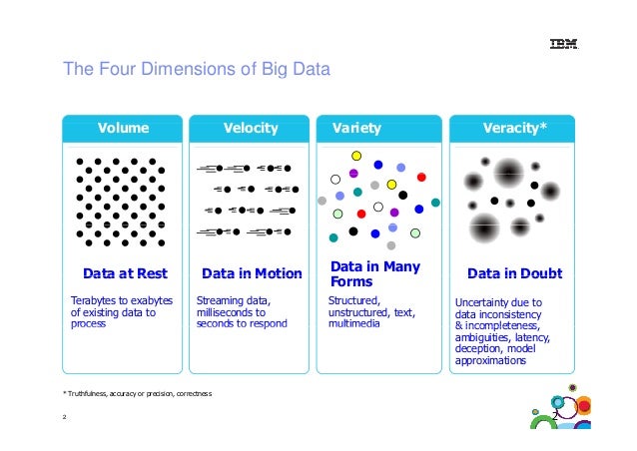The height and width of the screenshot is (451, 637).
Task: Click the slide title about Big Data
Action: tap(196, 72)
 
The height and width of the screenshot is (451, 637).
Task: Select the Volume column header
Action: tap(123, 128)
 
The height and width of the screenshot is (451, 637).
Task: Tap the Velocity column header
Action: tap(251, 128)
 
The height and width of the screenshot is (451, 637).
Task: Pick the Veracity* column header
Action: tap(514, 128)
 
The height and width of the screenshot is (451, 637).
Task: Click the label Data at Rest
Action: tap(125, 273)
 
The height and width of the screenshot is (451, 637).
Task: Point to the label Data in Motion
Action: tap(251, 273)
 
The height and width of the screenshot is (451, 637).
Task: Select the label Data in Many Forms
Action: tap(374, 274)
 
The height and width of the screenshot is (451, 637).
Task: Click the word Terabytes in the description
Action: tap(91, 301)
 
